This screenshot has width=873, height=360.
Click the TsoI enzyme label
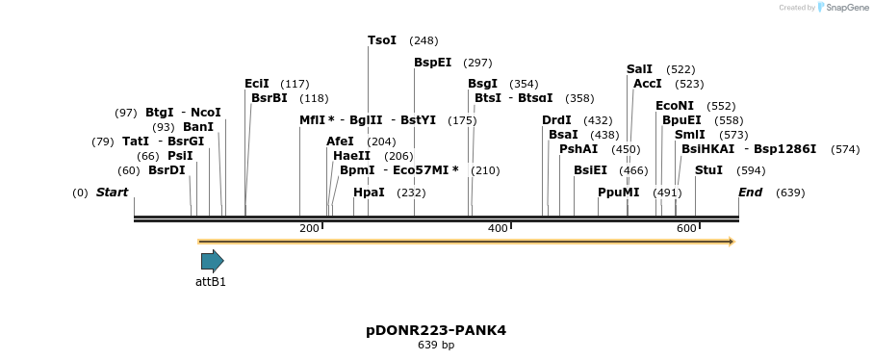point(382,40)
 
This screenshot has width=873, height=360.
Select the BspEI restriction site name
point(433,63)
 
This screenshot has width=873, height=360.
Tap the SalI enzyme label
point(639,69)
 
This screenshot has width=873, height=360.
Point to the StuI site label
point(708,170)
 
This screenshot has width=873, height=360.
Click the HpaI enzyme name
point(369,193)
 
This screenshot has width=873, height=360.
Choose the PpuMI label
point(618,193)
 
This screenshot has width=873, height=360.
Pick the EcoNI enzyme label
point(675,106)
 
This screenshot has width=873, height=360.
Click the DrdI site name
point(556,120)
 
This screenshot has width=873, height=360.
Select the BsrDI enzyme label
point(167,170)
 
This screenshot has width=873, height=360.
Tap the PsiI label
point(180,156)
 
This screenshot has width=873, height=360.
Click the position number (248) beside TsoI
point(424,40)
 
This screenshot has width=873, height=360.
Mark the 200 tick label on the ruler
point(309,228)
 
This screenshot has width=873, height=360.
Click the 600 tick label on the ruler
point(686,228)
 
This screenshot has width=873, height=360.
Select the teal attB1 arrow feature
point(212,261)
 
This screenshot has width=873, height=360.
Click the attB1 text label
point(211,282)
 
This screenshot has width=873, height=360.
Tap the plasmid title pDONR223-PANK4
point(436,330)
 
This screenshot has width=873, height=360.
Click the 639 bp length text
point(436,345)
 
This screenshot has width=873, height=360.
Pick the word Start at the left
point(112,193)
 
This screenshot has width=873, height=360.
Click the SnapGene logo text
point(843,8)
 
